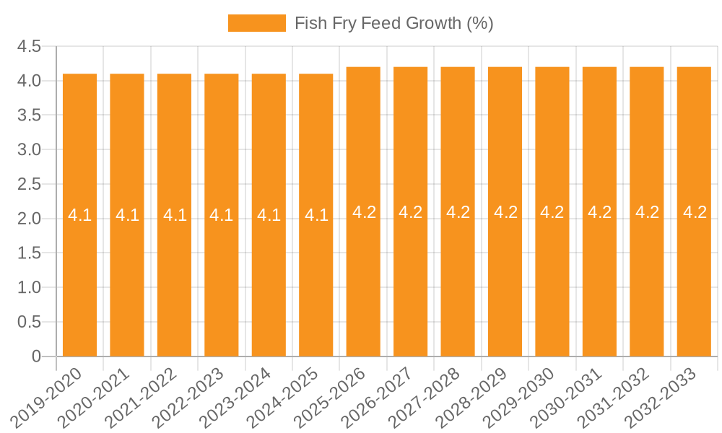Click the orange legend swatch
(256, 23)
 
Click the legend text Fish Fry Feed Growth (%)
(393, 23)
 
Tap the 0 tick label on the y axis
(37, 357)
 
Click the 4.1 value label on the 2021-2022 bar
(175, 215)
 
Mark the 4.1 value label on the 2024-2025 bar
(316, 215)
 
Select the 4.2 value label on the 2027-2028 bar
(458, 212)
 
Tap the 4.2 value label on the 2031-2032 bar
(647, 212)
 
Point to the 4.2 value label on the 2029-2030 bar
(552, 212)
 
